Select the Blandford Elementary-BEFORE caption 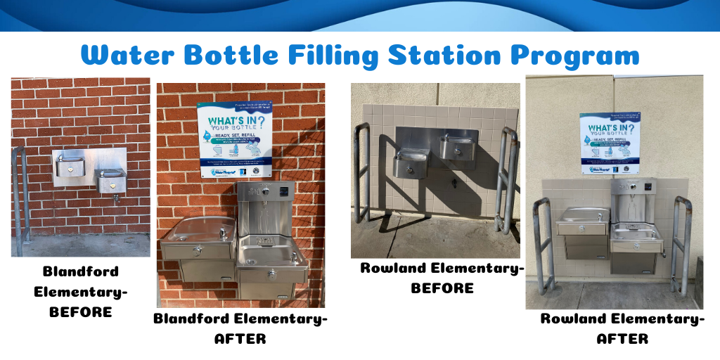[x=80, y=291]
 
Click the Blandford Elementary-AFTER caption [x=240, y=328]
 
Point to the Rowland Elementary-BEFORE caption [x=442, y=278]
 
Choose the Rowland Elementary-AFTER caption [x=622, y=328]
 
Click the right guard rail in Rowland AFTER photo [x=680, y=243]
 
